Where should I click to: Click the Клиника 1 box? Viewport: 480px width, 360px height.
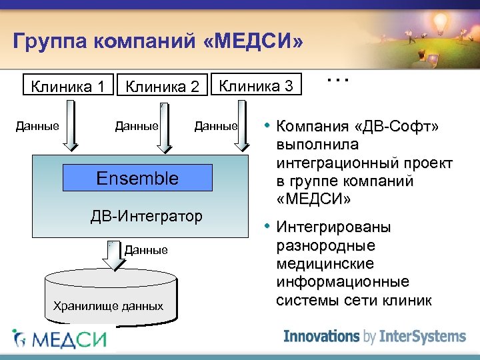67,86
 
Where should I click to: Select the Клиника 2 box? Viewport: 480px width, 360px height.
163,87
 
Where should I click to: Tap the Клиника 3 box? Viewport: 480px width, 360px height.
257,85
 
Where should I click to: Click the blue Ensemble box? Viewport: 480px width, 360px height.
137,178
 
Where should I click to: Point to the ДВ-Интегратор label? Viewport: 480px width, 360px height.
146,216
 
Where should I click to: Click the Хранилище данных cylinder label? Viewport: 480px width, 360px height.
107,306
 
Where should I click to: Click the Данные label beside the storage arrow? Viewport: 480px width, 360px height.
146,250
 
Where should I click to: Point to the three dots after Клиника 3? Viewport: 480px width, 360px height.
338,79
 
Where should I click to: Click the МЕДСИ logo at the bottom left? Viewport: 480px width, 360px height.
60,339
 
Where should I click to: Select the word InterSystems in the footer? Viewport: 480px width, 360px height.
422,336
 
